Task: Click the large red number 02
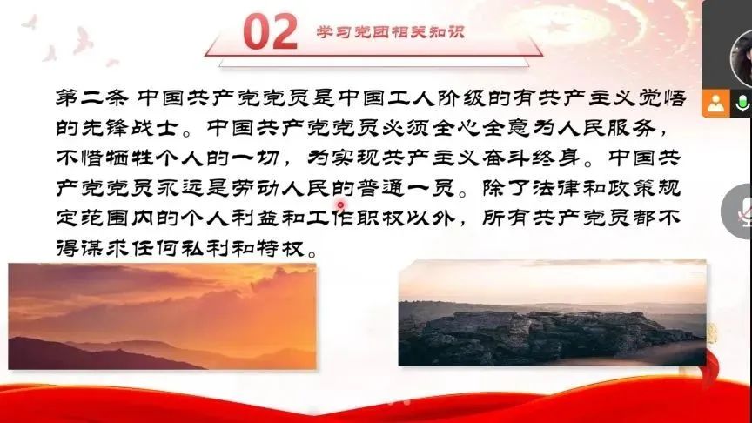pos(270,31)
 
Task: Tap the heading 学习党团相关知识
pos(391,32)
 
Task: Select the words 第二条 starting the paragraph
pos(92,97)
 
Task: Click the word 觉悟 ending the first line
pos(663,97)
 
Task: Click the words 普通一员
pos(406,188)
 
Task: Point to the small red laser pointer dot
pos(340,205)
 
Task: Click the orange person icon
pos(715,103)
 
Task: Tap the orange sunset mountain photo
pos(162,317)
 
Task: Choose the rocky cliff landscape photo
pos(552,313)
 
